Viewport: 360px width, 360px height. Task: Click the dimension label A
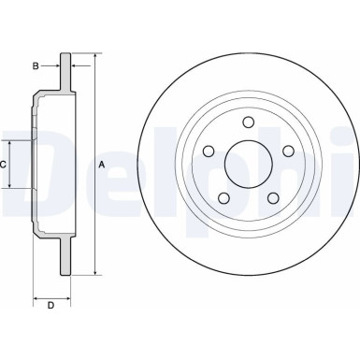[101, 165]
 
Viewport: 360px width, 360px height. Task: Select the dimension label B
[35, 66]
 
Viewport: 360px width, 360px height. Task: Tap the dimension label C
[5, 165]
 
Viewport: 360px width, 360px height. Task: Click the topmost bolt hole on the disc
[249, 122]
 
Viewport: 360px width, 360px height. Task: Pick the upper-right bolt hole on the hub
[287, 151]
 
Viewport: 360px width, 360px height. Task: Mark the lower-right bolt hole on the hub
[273, 196]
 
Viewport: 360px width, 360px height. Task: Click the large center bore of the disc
[249, 166]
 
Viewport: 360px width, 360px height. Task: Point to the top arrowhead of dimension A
[94, 58]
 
